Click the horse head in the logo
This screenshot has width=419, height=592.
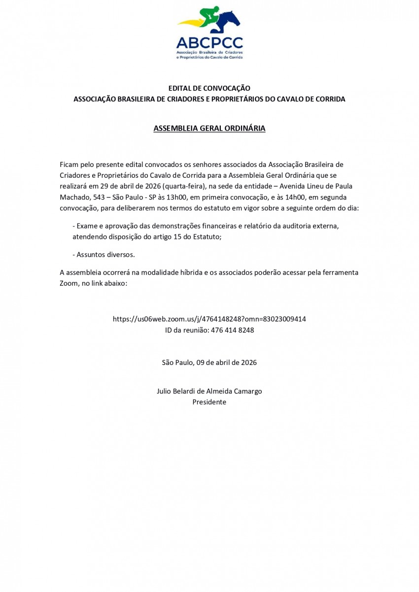(x=232, y=20)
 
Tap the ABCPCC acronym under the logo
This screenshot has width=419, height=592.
(x=209, y=42)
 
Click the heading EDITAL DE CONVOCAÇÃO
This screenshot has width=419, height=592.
(x=209, y=88)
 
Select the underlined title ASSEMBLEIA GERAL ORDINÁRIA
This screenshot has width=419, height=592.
(x=209, y=129)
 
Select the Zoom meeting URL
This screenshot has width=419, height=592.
(x=209, y=319)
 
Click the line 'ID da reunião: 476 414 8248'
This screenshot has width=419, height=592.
(x=209, y=330)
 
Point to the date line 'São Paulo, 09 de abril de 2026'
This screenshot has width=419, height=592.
(x=209, y=362)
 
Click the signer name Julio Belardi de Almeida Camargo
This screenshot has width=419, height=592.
(x=209, y=391)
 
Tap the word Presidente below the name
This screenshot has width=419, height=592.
(x=209, y=402)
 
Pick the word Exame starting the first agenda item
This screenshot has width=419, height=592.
(x=87, y=226)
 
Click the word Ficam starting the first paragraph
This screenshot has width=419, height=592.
(x=69, y=164)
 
